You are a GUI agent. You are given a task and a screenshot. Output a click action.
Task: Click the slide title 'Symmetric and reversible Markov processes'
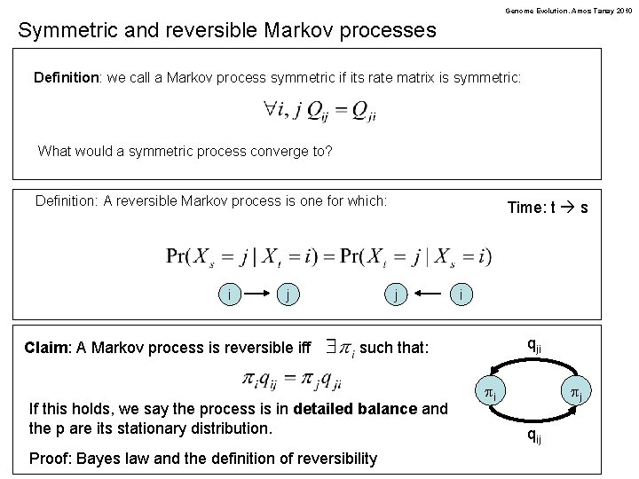coord(227,30)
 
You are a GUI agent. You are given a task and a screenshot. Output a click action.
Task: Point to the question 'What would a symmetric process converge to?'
coord(185,151)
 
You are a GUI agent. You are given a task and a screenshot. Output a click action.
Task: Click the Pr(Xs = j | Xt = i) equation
coord(328,255)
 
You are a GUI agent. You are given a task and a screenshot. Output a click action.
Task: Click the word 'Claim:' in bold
coord(53,347)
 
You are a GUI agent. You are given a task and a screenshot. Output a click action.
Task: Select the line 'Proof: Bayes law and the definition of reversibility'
coord(203,458)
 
